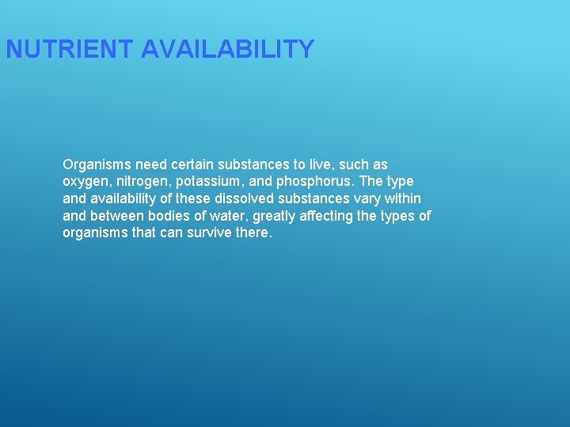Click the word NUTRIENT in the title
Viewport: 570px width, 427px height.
click(x=70, y=50)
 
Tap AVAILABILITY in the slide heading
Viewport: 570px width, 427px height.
click(x=228, y=50)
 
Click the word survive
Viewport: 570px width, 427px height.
click(x=208, y=233)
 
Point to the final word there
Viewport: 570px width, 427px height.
click(x=253, y=233)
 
